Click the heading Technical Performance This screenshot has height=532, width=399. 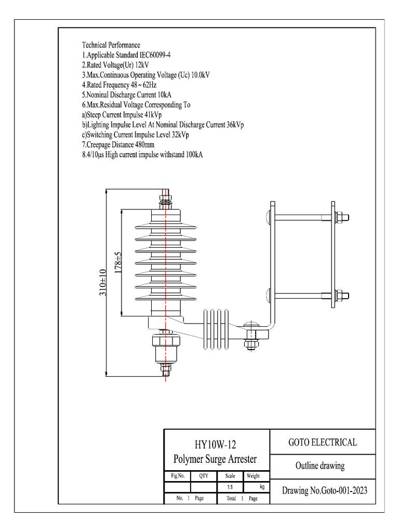click(x=111, y=45)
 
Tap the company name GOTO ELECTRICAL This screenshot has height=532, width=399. click(x=323, y=443)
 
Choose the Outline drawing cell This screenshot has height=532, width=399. click(x=320, y=465)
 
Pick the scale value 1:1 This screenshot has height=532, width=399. click(x=230, y=487)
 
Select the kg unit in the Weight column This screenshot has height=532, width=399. click(x=262, y=487)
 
